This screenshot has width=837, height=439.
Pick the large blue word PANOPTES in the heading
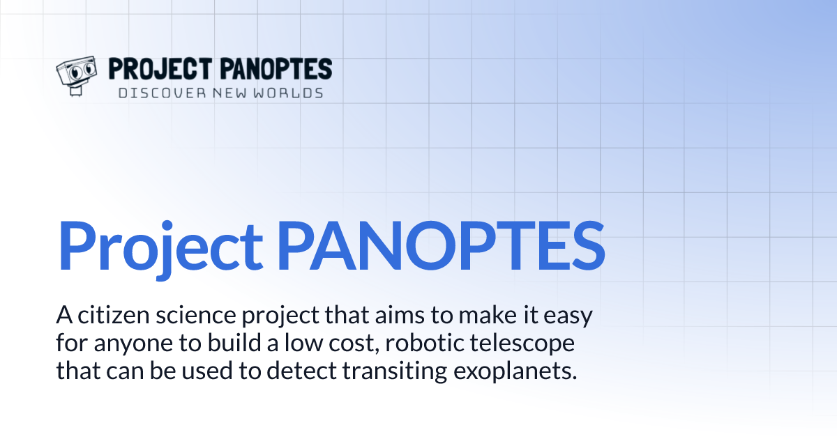(441, 247)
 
